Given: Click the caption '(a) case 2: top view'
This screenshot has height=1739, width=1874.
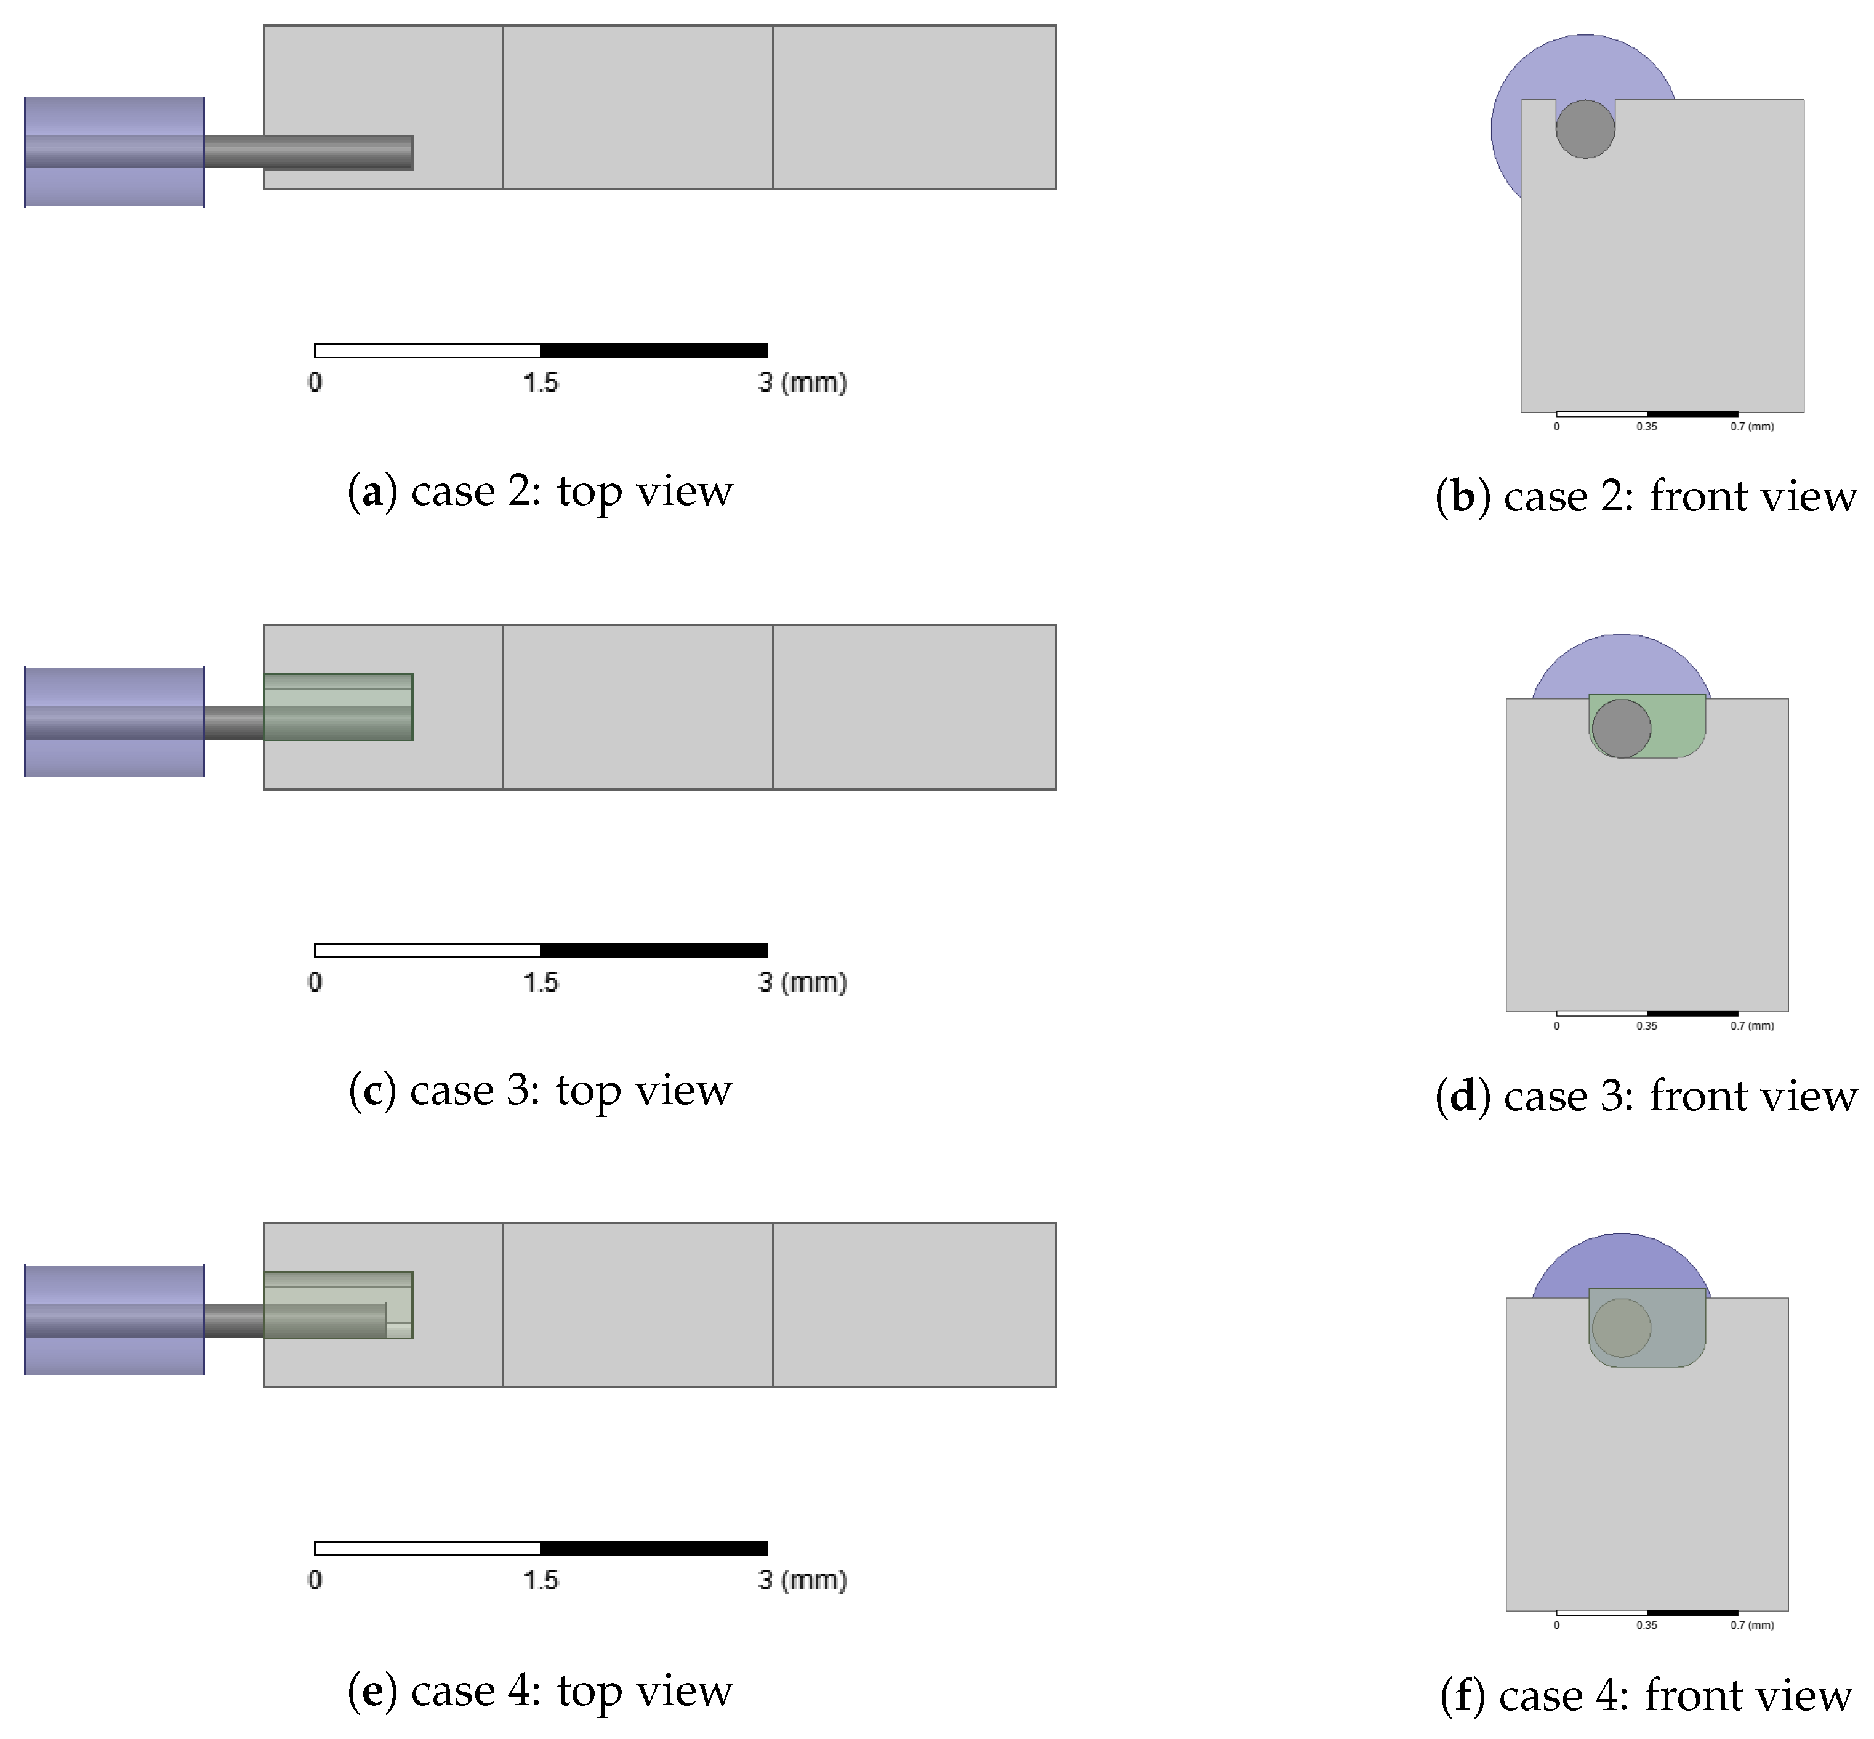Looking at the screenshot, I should click(539, 491).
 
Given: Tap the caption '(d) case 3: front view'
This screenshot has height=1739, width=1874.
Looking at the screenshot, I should click(1646, 1096).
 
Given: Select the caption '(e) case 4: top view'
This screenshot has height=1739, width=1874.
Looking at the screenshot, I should click(539, 1691).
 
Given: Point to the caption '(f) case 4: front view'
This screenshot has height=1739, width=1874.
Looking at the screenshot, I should click(1646, 1696).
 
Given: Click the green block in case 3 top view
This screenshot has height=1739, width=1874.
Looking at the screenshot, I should click(338, 707).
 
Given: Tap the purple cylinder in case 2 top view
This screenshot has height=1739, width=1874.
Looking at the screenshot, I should click(114, 151).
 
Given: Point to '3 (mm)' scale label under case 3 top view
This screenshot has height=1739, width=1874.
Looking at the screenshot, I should click(802, 982).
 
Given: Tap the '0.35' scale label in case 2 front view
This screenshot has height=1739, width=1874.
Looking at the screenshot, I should click(1646, 426).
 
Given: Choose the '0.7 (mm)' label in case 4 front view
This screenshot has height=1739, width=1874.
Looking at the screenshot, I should click(1751, 1625).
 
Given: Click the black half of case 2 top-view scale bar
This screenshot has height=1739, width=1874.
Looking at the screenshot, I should click(653, 351).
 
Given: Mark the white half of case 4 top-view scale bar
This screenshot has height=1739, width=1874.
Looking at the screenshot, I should click(427, 1548).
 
